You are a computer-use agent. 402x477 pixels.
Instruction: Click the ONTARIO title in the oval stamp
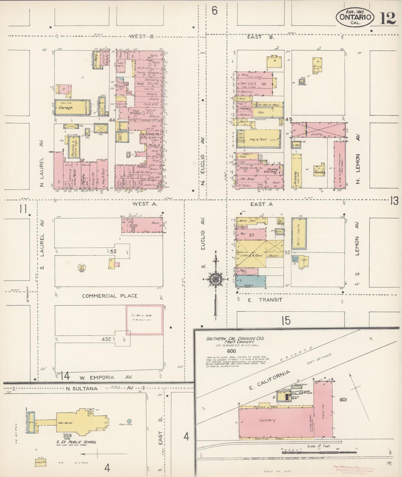pos(354,17)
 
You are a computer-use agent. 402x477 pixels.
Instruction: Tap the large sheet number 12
pos(387,18)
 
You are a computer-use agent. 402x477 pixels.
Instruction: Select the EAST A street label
pos(262,204)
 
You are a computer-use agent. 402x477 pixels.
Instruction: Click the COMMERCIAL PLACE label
pos(110,296)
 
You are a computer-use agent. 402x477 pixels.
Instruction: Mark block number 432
pos(106,339)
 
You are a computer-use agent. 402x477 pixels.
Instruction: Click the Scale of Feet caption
pos(318,446)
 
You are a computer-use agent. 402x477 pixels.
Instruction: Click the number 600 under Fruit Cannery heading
pos(231,351)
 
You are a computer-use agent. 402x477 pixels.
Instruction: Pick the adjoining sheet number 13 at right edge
pos(394,200)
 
